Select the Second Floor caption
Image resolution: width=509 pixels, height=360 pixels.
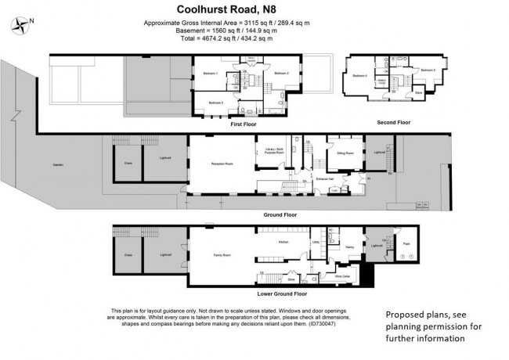[x=393, y=123]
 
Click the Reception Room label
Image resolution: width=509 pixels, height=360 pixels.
[x=223, y=164]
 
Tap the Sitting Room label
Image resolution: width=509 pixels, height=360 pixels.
[x=345, y=153]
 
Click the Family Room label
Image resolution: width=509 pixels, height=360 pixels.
[x=222, y=255]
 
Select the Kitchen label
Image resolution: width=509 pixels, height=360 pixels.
[x=283, y=242]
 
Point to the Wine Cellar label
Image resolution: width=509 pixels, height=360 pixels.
[x=342, y=276]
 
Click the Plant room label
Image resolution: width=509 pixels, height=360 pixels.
[x=406, y=245]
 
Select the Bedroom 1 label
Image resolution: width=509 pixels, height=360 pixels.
[x=210, y=73]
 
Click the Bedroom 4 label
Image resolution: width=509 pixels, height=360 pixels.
[x=359, y=75]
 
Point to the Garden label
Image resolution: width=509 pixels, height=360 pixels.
[x=58, y=165]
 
